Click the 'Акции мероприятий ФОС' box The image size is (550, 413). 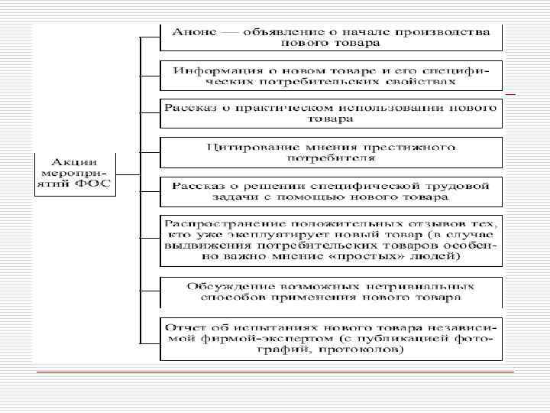point(74,175)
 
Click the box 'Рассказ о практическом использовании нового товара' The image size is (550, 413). point(332,112)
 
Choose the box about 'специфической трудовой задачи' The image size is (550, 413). point(332,191)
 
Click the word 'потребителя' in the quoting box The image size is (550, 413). point(331,158)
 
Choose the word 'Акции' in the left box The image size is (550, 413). point(74,162)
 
